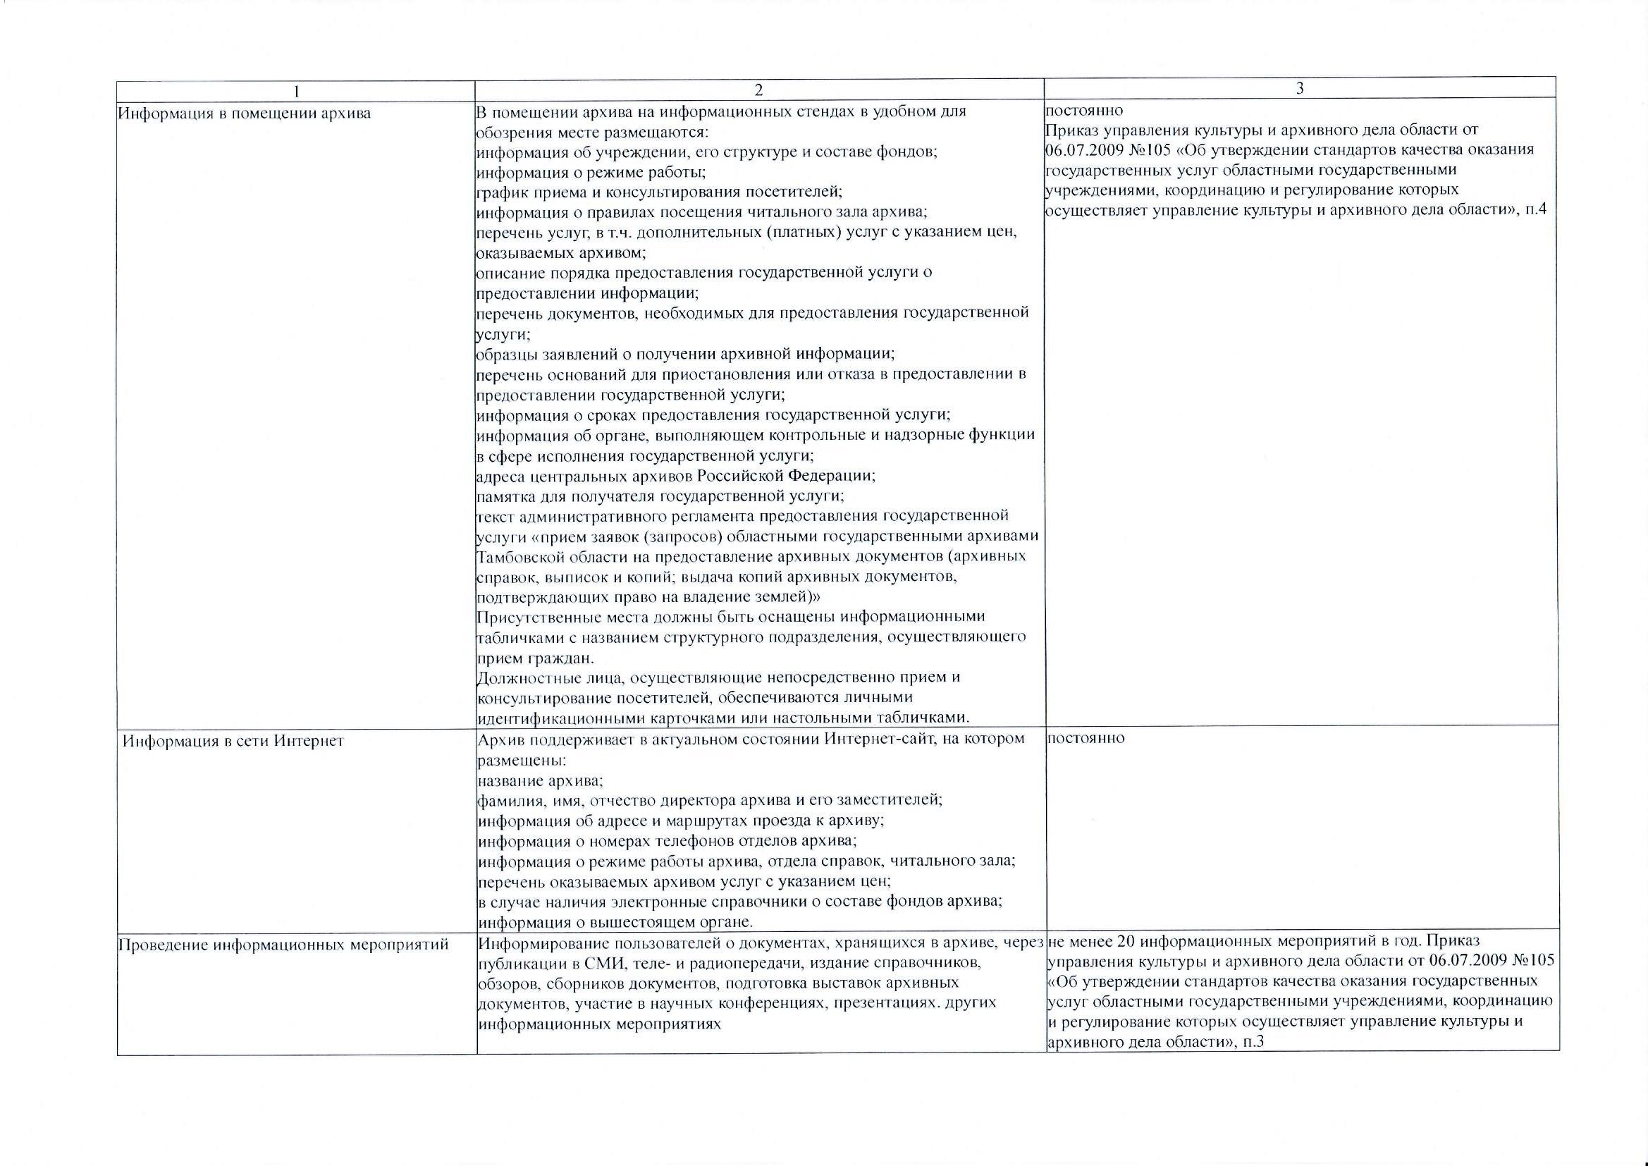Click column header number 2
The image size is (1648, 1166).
point(759,90)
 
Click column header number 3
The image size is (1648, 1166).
point(1299,88)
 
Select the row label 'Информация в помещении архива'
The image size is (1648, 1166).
point(245,113)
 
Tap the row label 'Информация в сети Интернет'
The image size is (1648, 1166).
point(233,741)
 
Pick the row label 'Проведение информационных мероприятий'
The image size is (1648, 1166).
point(283,945)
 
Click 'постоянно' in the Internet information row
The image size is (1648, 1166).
point(1086,737)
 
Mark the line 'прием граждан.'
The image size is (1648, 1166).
point(536,658)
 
